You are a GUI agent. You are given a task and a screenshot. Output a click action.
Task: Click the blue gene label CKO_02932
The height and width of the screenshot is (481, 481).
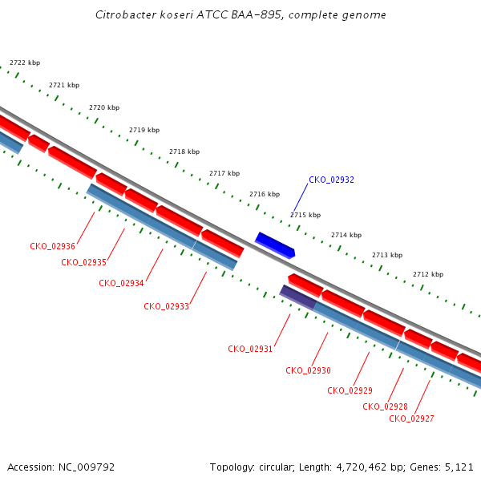click(x=331, y=180)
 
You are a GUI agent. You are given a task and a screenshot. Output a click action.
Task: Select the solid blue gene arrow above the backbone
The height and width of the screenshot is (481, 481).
click(x=275, y=245)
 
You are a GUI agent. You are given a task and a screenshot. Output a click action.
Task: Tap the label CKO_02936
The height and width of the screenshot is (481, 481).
click(x=52, y=246)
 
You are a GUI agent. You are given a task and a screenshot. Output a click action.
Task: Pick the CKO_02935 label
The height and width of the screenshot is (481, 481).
click(x=83, y=262)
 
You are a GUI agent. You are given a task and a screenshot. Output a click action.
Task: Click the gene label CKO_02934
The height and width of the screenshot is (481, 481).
click(x=121, y=283)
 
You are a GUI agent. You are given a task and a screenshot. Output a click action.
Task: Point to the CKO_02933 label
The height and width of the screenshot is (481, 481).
click(x=166, y=306)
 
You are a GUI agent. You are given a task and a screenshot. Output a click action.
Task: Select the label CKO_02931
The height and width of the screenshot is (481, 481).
click(x=250, y=349)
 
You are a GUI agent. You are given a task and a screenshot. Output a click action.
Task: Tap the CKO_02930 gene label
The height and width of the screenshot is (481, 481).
click(x=309, y=370)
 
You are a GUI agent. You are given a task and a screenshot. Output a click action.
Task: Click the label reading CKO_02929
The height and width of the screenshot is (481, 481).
click(x=350, y=390)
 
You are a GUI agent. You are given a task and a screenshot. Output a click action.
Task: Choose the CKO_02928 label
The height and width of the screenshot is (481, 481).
click(x=386, y=406)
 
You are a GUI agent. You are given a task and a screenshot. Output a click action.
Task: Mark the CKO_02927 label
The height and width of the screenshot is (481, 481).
click(x=412, y=418)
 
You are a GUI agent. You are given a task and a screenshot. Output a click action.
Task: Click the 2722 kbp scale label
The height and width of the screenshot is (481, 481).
click(x=25, y=63)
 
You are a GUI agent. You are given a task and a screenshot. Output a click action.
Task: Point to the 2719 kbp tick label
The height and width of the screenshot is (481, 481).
click(x=144, y=130)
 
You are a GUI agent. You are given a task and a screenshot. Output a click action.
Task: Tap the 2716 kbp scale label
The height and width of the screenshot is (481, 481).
click(x=265, y=194)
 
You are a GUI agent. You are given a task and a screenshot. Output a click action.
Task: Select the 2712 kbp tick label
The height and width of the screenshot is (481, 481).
click(x=428, y=274)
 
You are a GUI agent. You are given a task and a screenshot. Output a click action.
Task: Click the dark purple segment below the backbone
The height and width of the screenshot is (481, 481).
click(x=298, y=297)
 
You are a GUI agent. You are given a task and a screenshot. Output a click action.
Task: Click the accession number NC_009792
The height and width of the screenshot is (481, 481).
click(x=87, y=467)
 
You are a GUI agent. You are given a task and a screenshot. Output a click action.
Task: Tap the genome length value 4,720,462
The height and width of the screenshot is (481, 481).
click(x=362, y=467)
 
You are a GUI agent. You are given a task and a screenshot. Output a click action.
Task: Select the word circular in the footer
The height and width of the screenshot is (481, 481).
click(x=277, y=467)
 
